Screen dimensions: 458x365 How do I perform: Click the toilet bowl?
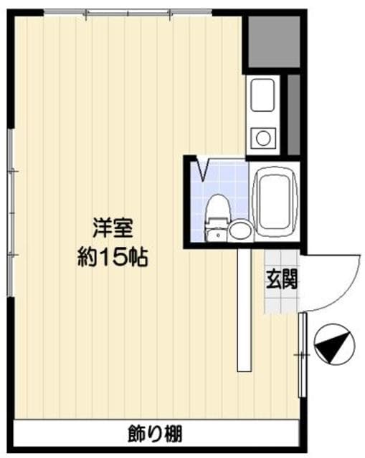216,208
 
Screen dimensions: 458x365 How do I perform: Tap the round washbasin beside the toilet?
240,230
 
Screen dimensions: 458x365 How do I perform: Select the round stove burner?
262,137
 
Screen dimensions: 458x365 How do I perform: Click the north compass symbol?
333,346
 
